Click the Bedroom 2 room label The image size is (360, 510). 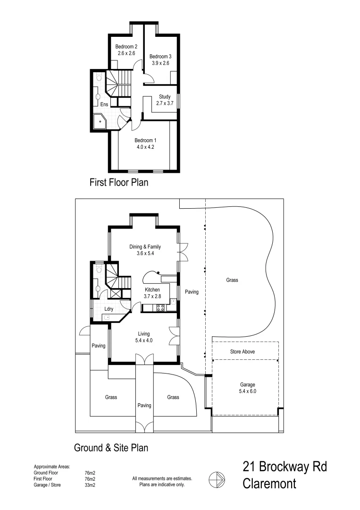(x=126, y=47)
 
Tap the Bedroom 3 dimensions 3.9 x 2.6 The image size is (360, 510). (x=160, y=63)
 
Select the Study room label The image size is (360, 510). (x=165, y=97)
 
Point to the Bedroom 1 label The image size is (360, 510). (x=145, y=140)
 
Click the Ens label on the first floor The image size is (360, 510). (x=104, y=104)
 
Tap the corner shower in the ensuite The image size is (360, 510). (x=101, y=122)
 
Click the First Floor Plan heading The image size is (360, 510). (x=119, y=182)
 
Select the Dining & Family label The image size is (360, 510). (x=145, y=246)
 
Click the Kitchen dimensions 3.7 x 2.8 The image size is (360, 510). (x=152, y=296)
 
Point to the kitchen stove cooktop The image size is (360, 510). (x=160, y=308)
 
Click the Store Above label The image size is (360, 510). (x=243, y=352)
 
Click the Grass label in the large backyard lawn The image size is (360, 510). (x=232, y=280)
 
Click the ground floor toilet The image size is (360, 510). (x=98, y=270)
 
